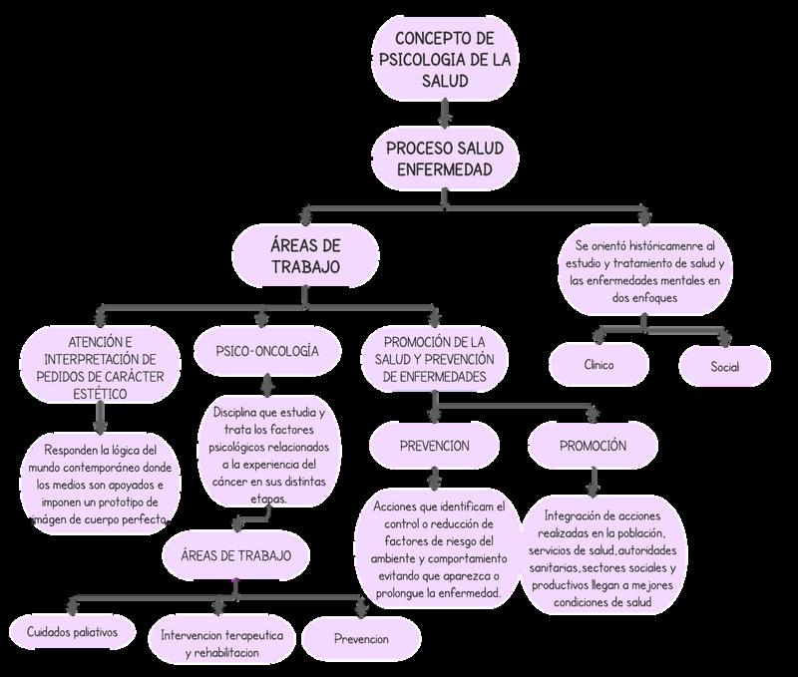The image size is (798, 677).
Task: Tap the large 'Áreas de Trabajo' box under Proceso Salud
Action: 305,255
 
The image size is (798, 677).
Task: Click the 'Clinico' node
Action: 599,365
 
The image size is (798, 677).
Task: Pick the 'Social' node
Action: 725,366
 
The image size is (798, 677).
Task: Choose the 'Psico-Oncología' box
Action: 267,351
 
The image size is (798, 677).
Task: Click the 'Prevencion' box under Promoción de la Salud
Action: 435,445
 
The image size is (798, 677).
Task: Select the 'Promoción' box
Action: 593,445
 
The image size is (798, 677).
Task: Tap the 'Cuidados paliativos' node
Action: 73,632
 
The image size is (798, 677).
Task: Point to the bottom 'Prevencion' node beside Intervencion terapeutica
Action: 361,638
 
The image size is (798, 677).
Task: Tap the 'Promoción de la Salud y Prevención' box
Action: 433,360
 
